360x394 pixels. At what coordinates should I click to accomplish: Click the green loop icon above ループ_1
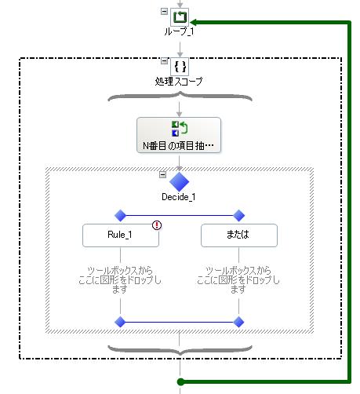[x=180, y=17]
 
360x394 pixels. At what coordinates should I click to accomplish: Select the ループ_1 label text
[x=179, y=31]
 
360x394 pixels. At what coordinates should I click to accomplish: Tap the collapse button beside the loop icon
[x=164, y=11]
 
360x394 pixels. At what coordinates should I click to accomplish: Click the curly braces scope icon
[x=180, y=67]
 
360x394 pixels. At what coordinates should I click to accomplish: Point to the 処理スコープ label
[x=179, y=81]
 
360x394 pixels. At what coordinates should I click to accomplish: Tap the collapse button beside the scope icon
[x=164, y=61]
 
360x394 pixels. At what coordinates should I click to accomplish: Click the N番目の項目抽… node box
[x=179, y=135]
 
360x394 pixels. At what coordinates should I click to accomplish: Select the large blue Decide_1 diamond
[x=179, y=181]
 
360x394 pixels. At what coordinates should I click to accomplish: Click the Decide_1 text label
[x=179, y=197]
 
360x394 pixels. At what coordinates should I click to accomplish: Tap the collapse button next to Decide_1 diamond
[x=162, y=174]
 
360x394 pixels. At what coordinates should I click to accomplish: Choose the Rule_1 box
[x=121, y=235]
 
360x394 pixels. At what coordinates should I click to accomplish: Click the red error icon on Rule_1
[x=157, y=225]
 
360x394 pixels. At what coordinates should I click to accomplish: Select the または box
[x=239, y=235]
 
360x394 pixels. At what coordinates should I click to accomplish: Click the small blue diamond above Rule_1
[x=120, y=216]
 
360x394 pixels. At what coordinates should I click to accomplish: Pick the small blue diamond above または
[x=238, y=216]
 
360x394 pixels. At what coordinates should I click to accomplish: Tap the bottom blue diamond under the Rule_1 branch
[x=120, y=322]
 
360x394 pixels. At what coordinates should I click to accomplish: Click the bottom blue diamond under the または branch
[x=238, y=322]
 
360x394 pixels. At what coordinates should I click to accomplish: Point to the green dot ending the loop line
[x=180, y=381]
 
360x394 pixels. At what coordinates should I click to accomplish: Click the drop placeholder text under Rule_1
[x=120, y=280]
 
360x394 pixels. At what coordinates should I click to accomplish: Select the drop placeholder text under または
[x=238, y=280]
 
